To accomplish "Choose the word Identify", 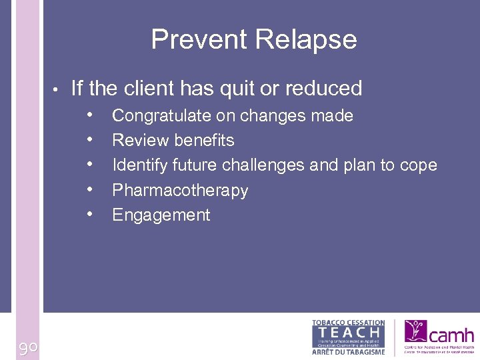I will pyautogui.click(x=139, y=165).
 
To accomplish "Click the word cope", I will pyautogui.click(x=418, y=165).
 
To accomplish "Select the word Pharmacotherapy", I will pyautogui.click(x=180, y=191).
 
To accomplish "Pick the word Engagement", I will pyautogui.click(x=161, y=215).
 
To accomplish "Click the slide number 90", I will pyautogui.click(x=27, y=347).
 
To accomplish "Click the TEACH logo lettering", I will pyautogui.click(x=348, y=331).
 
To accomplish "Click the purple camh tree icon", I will pyautogui.click(x=416, y=331).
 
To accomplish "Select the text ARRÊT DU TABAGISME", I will pyautogui.click(x=348, y=351).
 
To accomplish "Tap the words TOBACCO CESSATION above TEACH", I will pyautogui.click(x=348, y=323).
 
